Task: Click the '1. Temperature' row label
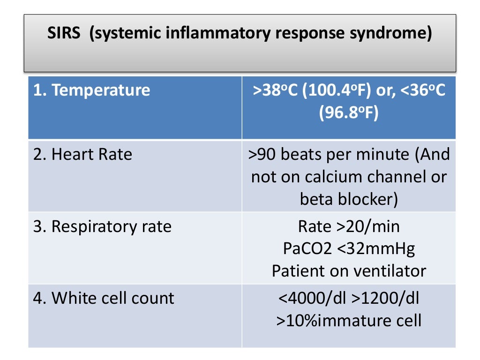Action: [x=92, y=90]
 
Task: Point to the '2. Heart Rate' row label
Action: [x=83, y=154]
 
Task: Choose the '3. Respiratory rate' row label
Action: [x=103, y=226]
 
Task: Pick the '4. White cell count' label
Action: [x=104, y=298]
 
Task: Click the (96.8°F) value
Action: [x=349, y=112]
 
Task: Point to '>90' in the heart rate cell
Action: [x=261, y=154]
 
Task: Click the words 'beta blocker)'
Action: [x=349, y=199]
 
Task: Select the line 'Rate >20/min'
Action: [x=349, y=226]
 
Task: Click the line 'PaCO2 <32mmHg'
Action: [x=349, y=249]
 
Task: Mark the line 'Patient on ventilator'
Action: [x=349, y=271]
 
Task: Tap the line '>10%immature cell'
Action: [x=349, y=321]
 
